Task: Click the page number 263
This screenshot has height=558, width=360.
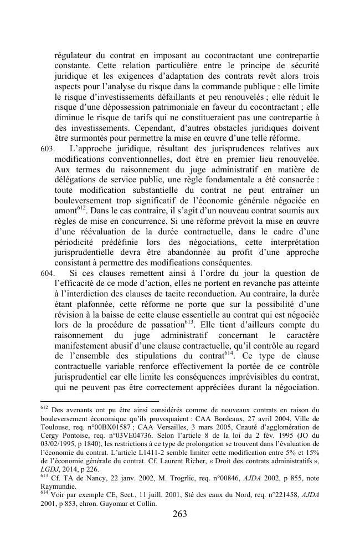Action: [179, 514]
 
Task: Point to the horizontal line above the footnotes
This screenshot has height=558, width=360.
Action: [100, 400]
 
